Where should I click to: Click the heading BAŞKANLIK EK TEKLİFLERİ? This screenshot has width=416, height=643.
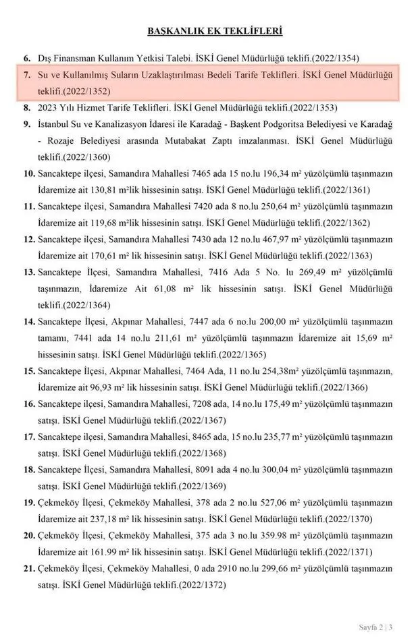coord(214,30)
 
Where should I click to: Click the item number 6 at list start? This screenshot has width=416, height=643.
coord(27,59)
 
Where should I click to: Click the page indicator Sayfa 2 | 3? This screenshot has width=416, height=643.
coord(380,627)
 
